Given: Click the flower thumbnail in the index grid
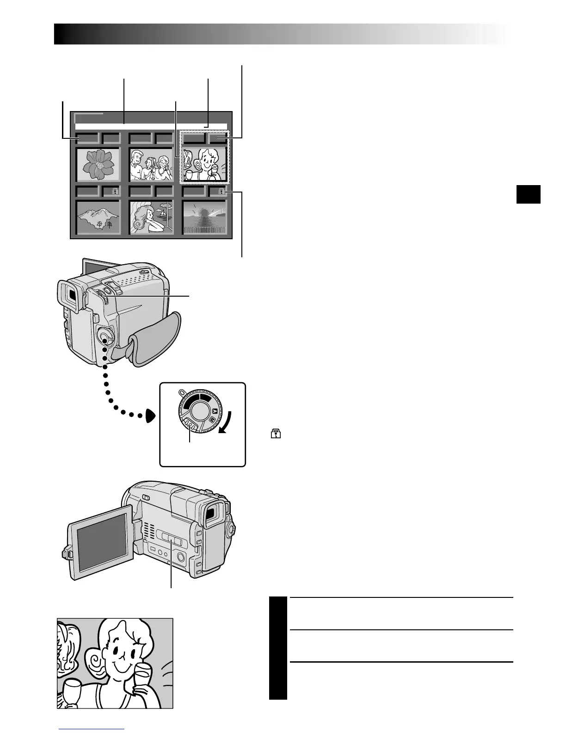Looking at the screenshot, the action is pyautogui.click(x=98, y=164).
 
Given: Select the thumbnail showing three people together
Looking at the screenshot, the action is pyautogui.click(x=151, y=165).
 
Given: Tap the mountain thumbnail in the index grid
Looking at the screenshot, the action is pyautogui.click(x=98, y=218).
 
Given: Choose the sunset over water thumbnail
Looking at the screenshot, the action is pyautogui.click(x=205, y=218).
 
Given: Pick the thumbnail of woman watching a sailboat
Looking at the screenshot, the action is pyautogui.click(x=151, y=218).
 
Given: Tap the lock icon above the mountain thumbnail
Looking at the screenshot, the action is pyautogui.click(x=114, y=191).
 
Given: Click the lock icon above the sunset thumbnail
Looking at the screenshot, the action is pyautogui.click(x=221, y=191).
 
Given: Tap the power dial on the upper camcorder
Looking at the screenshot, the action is pyautogui.click(x=105, y=336).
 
